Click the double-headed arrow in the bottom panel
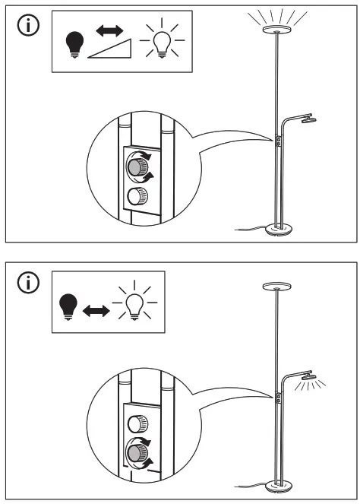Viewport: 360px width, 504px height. (x=96, y=311)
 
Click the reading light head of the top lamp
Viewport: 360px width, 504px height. (x=306, y=119)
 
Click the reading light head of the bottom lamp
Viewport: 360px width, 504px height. (x=306, y=376)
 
